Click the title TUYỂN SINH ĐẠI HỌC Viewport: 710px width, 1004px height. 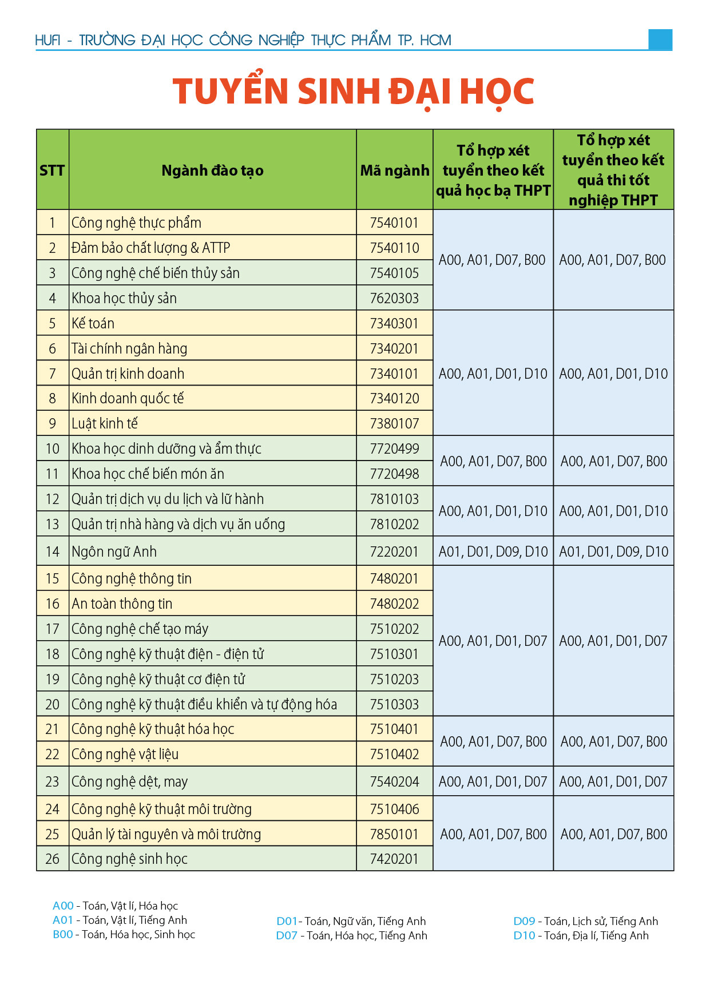click(x=354, y=92)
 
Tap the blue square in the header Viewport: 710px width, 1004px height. click(x=660, y=39)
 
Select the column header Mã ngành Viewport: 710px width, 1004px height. click(x=394, y=170)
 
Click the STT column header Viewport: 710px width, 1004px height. click(x=52, y=170)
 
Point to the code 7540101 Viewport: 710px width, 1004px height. click(x=394, y=223)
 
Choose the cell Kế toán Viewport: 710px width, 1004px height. click(x=93, y=323)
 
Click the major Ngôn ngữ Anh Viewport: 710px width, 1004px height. click(x=114, y=551)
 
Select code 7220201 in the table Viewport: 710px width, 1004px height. click(x=394, y=551)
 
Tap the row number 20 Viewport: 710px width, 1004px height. click(x=52, y=704)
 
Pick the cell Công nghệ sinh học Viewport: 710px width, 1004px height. click(x=129, y=859)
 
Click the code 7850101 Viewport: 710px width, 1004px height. click(x=394, y=834)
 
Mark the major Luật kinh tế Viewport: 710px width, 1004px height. click(x=105, y=423)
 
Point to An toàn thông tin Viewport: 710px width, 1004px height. click(x=122, y=604)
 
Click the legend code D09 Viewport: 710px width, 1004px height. click(x=524, y=921)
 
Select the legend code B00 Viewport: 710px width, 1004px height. click(x=63, y=934)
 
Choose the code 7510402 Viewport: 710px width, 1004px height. click(x=394, y=754)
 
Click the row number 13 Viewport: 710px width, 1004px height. click(x=52, y=524)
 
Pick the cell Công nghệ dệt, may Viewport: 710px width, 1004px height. click(x=129, y=781)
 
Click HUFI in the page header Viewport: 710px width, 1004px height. click(x=47, y=40)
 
